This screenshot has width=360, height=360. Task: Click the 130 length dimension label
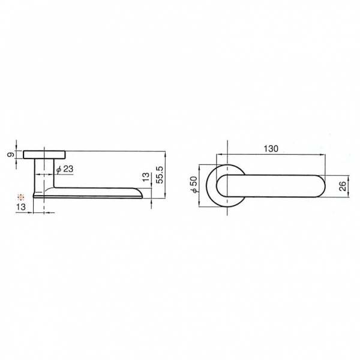click(271, 149)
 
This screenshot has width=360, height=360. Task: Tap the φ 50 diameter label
click(194, 185)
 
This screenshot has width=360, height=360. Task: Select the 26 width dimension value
click(342, 186)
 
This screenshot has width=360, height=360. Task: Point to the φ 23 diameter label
click(65, 169)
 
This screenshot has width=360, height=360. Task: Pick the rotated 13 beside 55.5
click(146, 177)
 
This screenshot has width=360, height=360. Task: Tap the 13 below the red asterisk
click(21, 207)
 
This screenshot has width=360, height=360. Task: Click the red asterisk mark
click(21, 197)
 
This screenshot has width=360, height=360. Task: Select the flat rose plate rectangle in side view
click(44, 155)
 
